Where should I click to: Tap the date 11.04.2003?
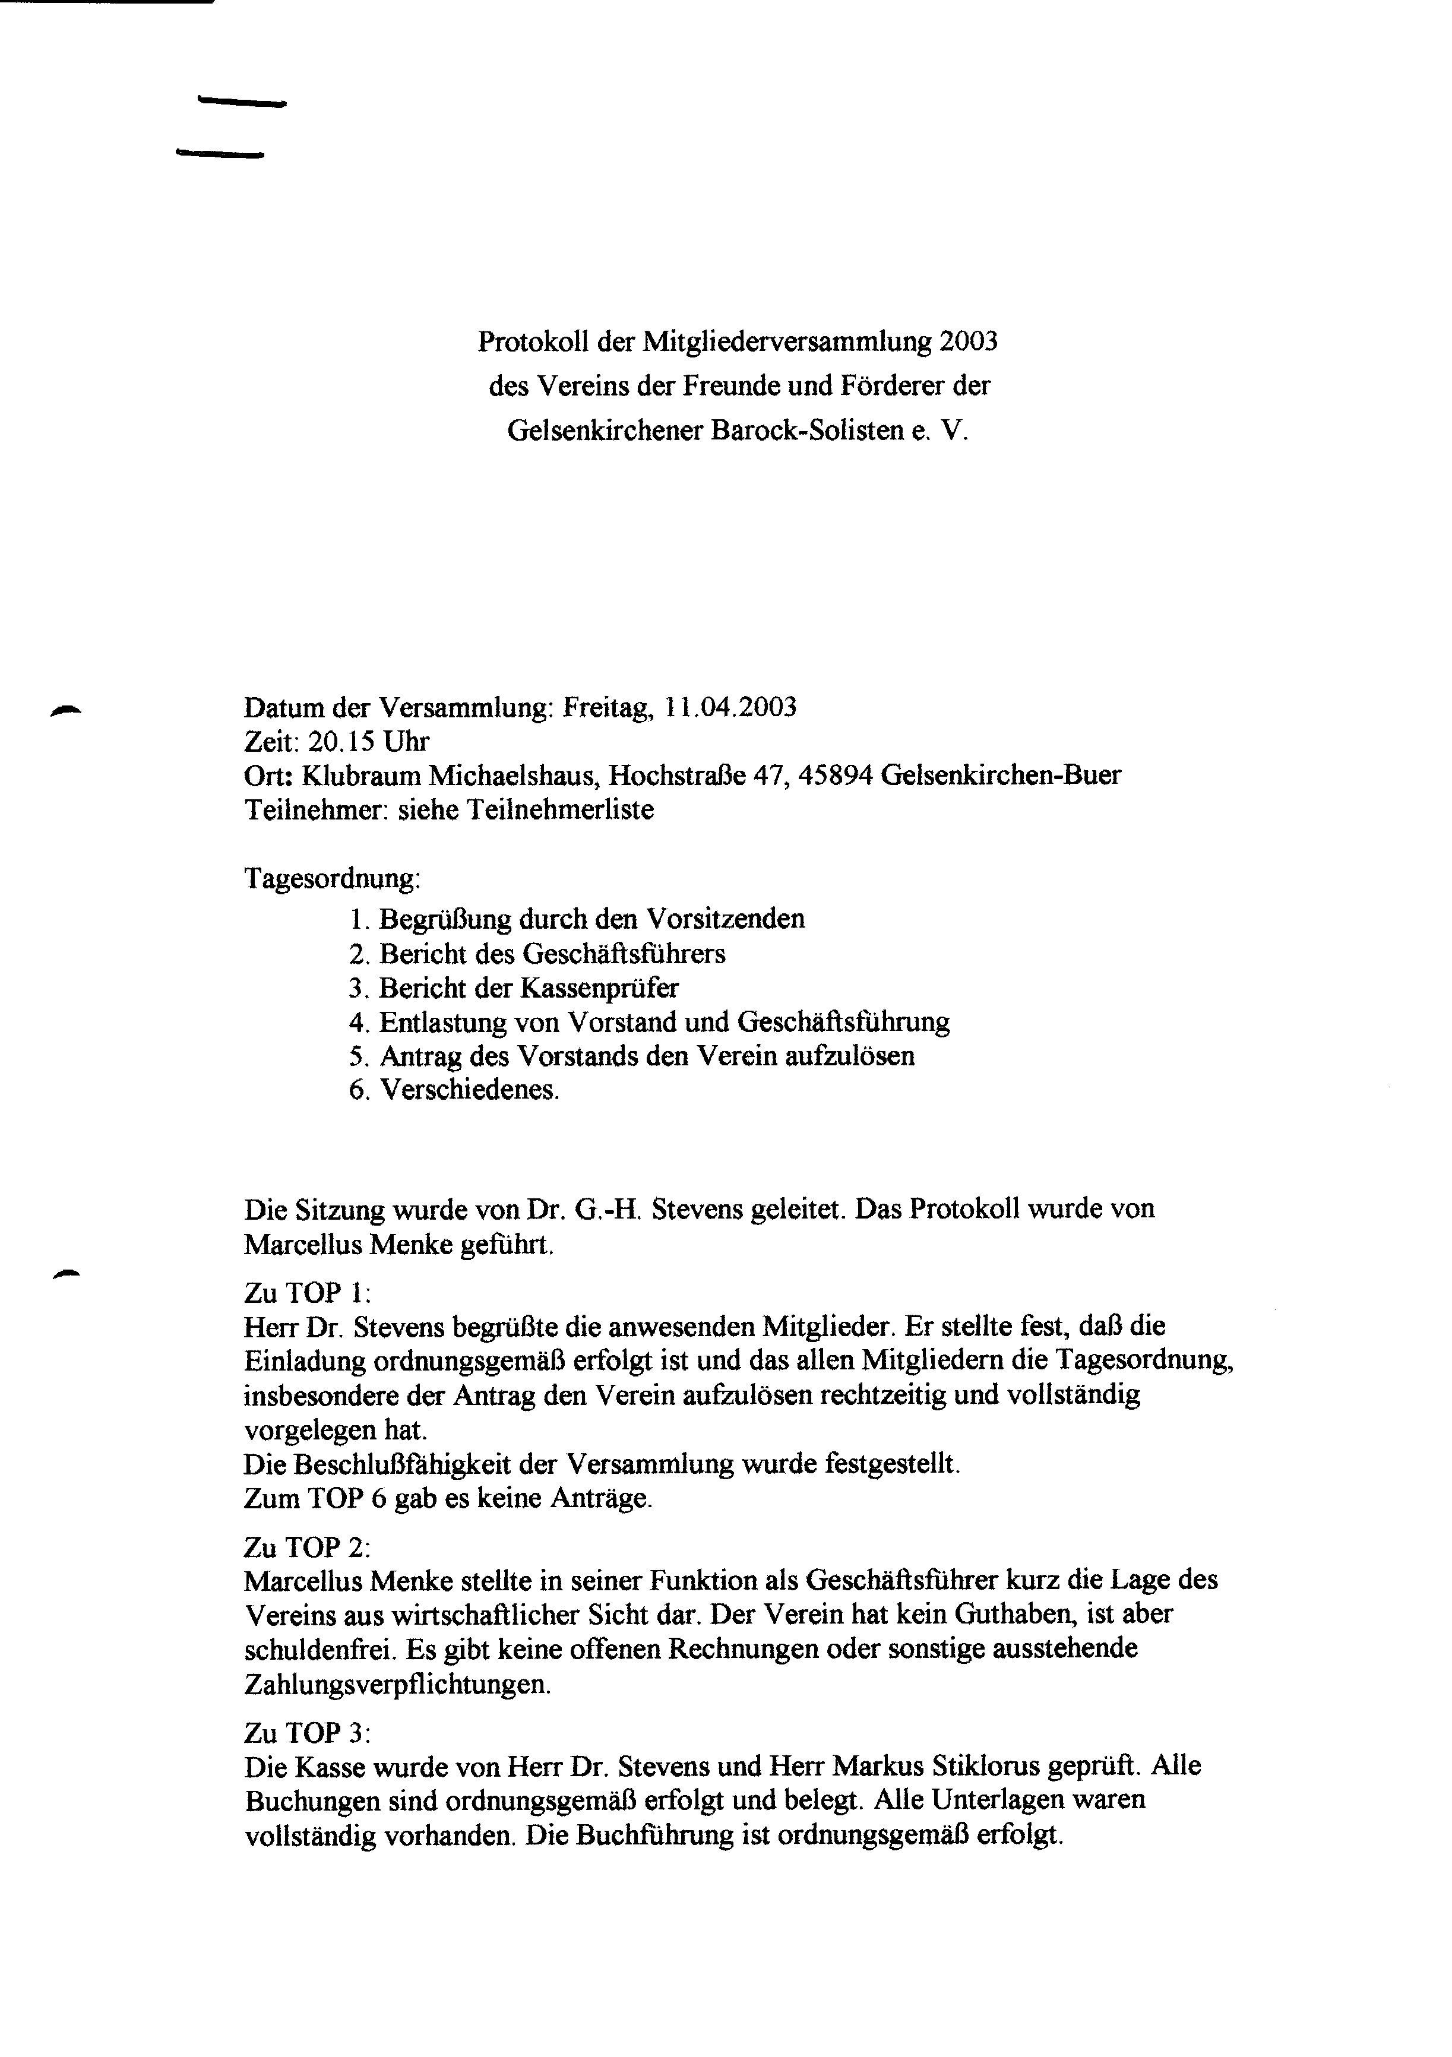pos(730,708)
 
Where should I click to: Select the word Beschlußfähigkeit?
pos(401,1465)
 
